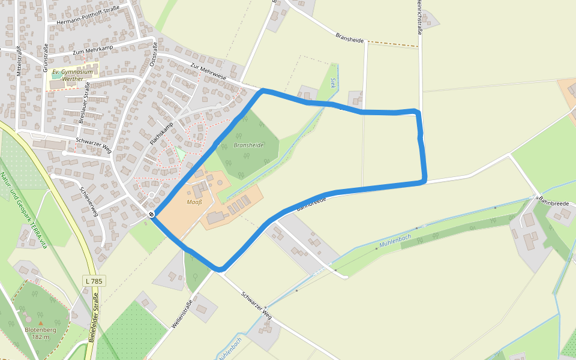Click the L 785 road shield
(x=94, y=281)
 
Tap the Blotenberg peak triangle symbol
(x=41, y=323)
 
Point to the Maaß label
(x=194, y=202)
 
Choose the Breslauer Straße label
(x=84, y=104)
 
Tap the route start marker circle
(x=151, y=215)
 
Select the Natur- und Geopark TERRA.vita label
(x=24, y=210)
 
